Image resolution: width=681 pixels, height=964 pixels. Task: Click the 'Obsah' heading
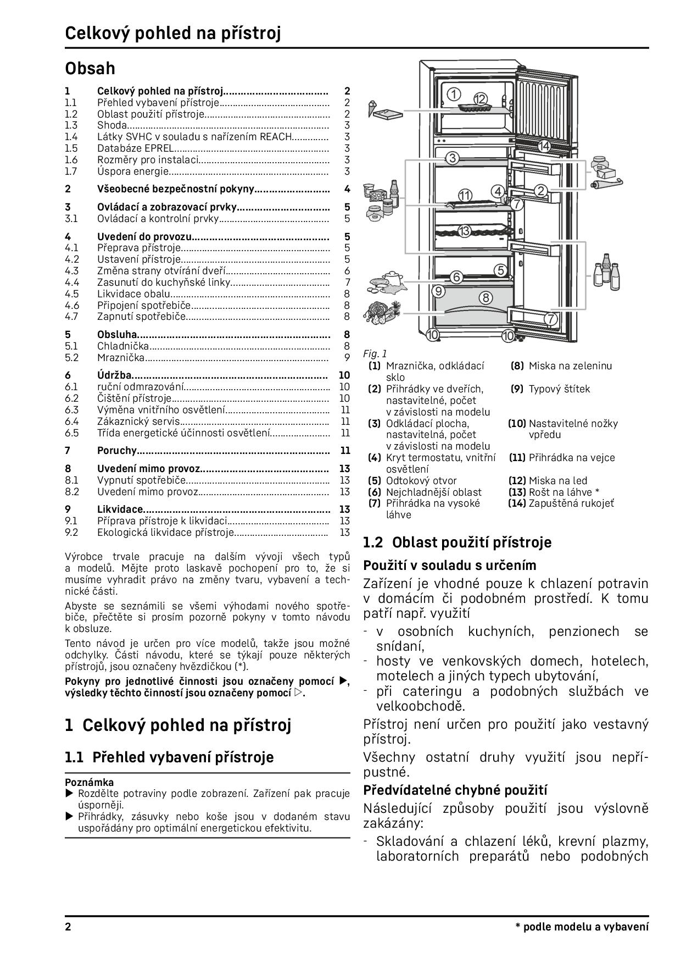90,69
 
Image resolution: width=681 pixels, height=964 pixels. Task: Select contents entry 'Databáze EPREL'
135,148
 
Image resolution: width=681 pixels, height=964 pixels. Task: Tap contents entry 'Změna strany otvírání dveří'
161,271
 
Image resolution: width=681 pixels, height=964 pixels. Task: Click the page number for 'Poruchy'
345,451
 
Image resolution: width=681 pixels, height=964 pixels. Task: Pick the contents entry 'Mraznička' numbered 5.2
121,358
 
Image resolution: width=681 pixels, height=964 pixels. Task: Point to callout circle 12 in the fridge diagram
481,99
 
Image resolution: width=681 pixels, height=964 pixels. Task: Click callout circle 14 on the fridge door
544,146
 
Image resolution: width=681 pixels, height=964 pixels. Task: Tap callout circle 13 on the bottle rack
465,231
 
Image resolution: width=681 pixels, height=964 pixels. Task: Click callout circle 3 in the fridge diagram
451,159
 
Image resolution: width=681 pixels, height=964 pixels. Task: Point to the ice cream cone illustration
378,108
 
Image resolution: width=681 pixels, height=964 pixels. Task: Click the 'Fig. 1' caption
375,354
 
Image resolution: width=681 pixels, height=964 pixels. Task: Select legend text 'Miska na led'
557,481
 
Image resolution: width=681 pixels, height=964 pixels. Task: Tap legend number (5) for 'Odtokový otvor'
375,481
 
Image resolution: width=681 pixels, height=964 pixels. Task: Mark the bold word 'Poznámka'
90,782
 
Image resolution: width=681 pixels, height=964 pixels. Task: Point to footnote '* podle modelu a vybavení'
582,927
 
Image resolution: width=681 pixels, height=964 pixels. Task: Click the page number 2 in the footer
68,927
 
